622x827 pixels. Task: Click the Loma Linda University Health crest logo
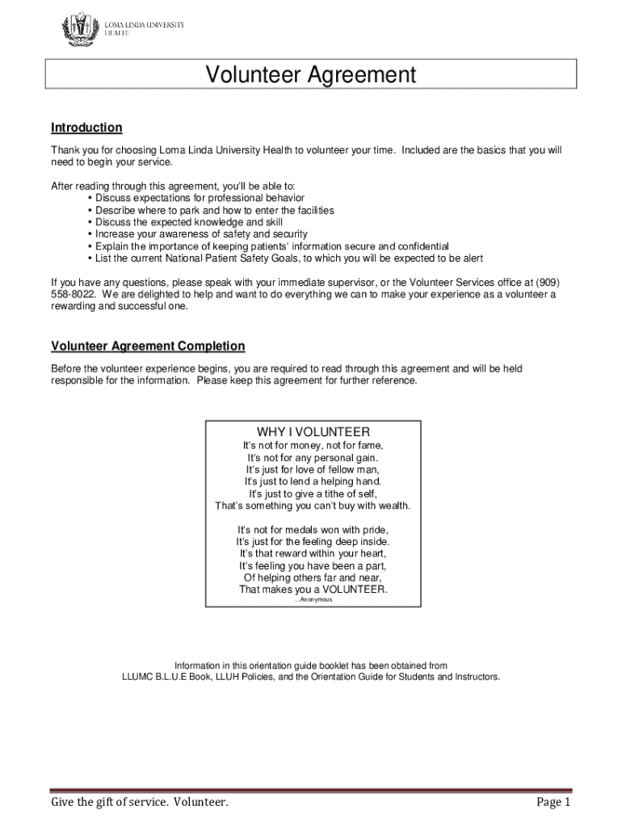(78, 30)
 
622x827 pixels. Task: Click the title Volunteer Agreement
(311, 75)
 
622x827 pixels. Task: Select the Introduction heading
(86, 128)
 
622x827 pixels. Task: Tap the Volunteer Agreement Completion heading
(148, 346)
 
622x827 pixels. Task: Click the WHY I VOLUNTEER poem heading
(313, 431)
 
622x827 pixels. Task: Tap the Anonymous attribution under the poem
(313, 600)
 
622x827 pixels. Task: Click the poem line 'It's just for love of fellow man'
(313, 469)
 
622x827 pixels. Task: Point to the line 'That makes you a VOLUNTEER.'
(313, 590)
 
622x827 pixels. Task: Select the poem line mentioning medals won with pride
(313, 529)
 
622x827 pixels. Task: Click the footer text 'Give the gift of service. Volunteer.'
(140, 802)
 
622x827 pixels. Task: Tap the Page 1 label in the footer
(553, 802)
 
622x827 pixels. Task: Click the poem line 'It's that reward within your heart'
(313, 553)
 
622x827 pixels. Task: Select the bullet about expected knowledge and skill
(189, 222)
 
